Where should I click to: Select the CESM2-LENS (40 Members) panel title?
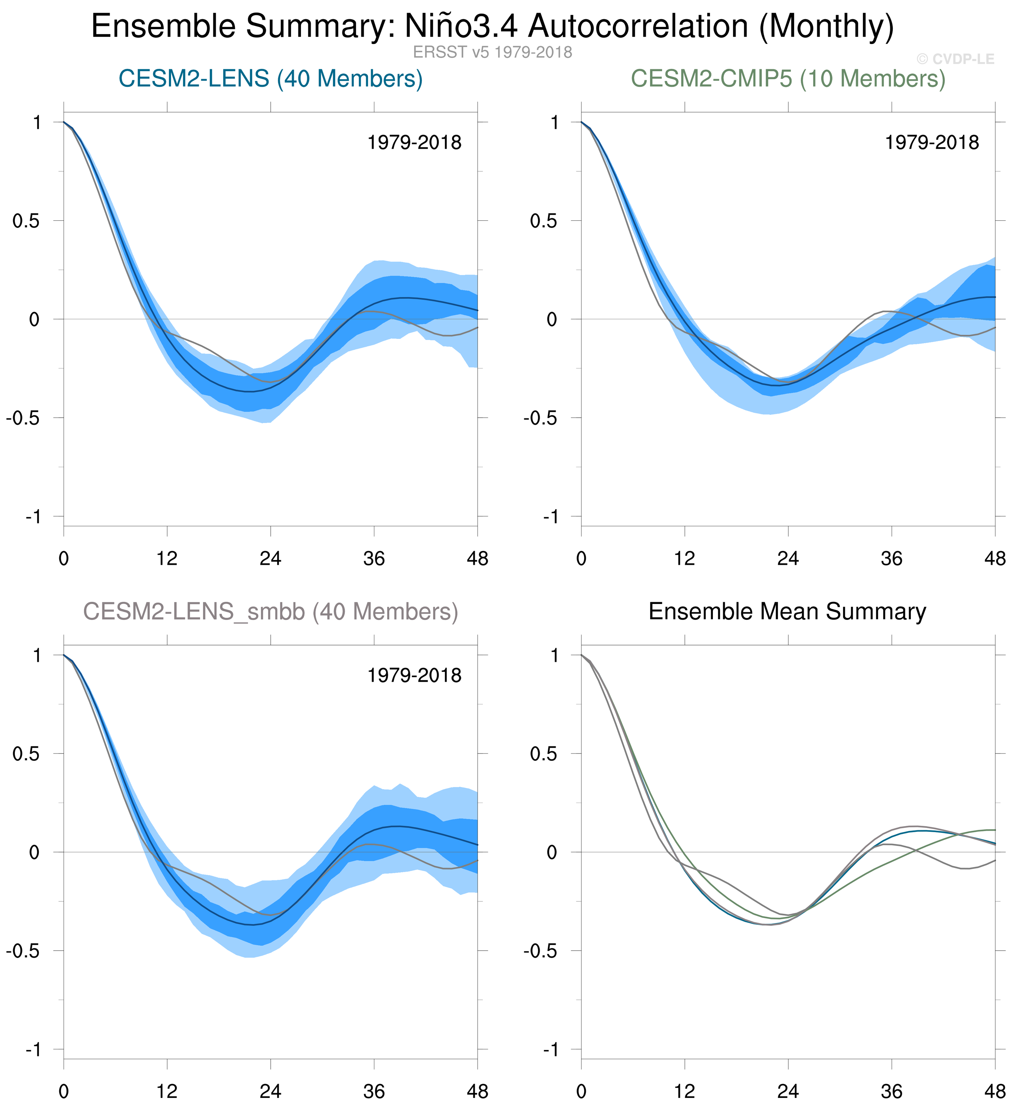(x=270, y=79)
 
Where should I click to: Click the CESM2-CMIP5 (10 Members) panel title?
(x=788, y=79)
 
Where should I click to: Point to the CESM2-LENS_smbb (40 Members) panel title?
(x=270, y=612)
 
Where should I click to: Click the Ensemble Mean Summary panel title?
(x=787, y=612)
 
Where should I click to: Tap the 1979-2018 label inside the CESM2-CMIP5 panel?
(x=931, y=143)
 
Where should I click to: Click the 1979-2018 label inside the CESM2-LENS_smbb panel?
(x=414, y=676)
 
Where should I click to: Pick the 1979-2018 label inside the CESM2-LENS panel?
(x=414, y=143)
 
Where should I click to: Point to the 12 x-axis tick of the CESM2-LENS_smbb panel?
(x=167, y=1091)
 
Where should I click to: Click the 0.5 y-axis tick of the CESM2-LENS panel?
(x=26, y=221)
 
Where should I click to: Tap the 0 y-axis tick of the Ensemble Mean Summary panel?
(x=552, y=852)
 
